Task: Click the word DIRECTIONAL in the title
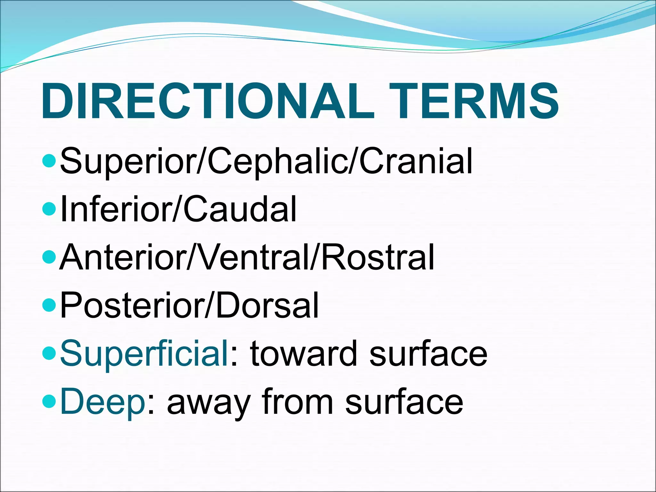(x=207, y=101)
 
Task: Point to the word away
(x=208, y=402)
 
